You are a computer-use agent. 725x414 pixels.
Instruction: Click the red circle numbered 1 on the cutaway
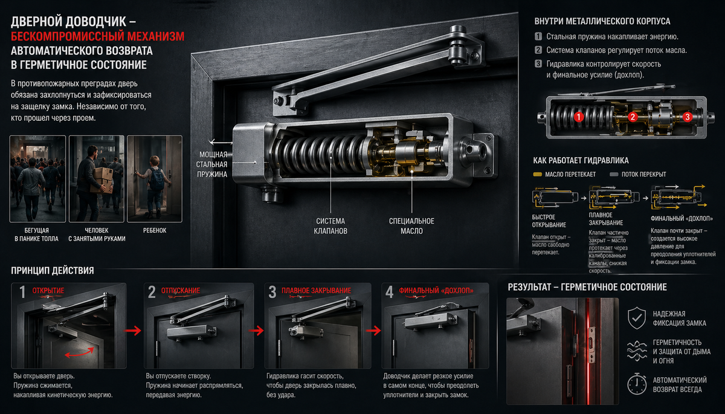pos(579,117)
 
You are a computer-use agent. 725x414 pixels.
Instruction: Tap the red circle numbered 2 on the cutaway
pos(633,117)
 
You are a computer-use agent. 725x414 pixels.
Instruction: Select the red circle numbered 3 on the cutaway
pos(688,117)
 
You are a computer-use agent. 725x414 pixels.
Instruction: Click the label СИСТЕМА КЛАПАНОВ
pos(330,226)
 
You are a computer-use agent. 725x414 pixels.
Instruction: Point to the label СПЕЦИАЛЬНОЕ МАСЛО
pos(411,226)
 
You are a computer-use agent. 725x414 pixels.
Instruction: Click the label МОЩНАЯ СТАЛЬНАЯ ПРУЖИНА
pos(212,164)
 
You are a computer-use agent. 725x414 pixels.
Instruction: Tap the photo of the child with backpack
pos(155,179)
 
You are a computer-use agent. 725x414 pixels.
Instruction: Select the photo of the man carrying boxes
pos(97,179)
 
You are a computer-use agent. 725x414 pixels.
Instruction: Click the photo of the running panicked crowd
pos(37,179)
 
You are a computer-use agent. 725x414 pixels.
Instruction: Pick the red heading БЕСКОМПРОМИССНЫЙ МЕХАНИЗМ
pos(97,36)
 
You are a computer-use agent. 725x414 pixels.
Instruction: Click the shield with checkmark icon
pos(637,318)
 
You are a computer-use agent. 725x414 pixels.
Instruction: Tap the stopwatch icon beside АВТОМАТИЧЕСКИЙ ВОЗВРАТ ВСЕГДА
pos(637,384)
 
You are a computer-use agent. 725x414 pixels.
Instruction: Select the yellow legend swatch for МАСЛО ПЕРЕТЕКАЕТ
pos(537,175)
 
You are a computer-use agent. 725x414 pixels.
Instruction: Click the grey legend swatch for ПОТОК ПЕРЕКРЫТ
pos(614,175)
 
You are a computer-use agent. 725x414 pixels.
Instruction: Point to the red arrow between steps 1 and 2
pos(133,331)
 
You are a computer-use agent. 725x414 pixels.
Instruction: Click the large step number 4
pos(389,292)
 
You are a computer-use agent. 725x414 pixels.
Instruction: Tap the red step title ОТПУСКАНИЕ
pos(181,290)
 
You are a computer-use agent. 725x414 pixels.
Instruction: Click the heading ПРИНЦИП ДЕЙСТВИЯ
pos(53,271)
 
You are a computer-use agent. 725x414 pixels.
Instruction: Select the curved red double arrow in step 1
pos(80,352)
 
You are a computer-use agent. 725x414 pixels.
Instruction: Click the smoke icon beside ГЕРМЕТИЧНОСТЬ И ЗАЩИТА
pos(637,351)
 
